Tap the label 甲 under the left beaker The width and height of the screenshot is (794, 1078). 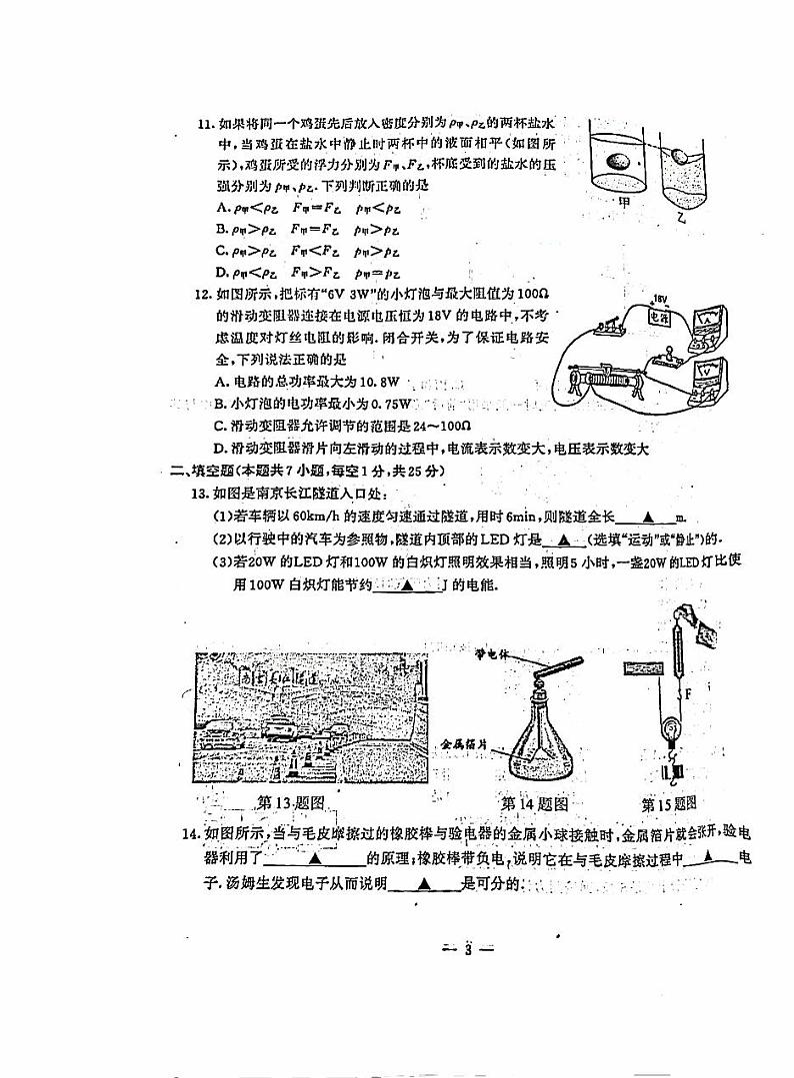tap(626, 204)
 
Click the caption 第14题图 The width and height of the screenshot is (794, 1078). tap(534, 803)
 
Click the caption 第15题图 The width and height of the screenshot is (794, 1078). tap(668, 803)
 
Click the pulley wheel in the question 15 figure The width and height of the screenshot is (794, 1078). tap(673, 737)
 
